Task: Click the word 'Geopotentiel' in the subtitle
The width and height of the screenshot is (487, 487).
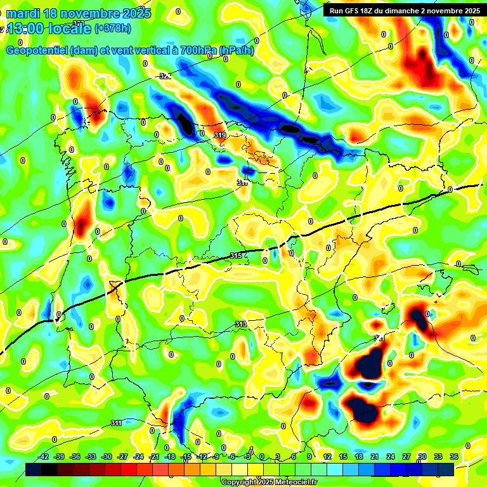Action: pos(36,51)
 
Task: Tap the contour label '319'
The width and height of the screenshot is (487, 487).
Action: pos(221,135)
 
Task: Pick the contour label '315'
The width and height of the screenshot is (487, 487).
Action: pos(237,256)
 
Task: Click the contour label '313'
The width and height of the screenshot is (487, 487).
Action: pos(240,324)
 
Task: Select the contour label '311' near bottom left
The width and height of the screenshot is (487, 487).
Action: pos(116,423)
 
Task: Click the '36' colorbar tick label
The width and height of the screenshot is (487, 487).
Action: pos(454,457)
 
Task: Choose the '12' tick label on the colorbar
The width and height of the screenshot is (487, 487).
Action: pos(327,457)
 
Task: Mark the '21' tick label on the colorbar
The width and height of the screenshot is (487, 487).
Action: pos(375,457)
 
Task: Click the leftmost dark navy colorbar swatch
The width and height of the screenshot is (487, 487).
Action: pos(34,469)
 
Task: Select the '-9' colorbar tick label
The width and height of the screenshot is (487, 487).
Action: pos(216,457)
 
